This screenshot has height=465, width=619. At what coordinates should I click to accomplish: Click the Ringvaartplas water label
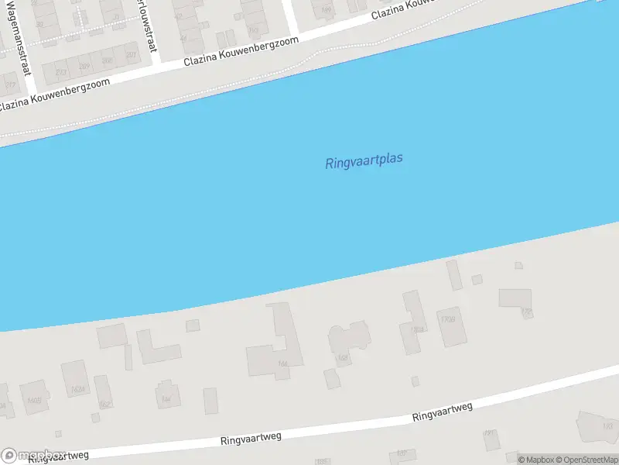coord(364,161)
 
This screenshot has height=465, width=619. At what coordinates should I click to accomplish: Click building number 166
coord(283,363)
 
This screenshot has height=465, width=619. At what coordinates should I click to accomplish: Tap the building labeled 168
coord(341,357)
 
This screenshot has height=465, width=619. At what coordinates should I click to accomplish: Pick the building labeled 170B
coord(446,319)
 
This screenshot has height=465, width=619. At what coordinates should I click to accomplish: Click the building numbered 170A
coord(418,329)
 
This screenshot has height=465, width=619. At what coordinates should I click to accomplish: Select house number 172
coord(527,312)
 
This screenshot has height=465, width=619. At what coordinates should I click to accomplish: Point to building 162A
coord(76,389)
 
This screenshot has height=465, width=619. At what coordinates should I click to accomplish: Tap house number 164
coord(165,399)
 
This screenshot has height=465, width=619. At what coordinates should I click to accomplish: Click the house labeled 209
coord(84,65)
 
